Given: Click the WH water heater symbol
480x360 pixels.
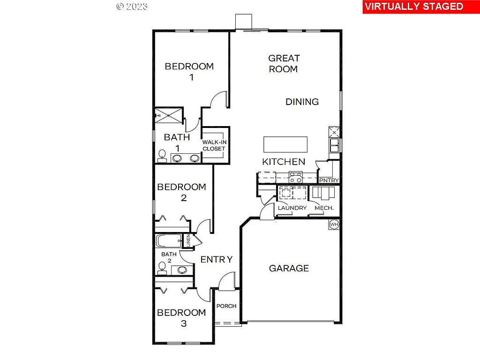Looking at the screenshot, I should point(334,224).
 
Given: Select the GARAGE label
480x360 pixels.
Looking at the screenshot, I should point(289,268).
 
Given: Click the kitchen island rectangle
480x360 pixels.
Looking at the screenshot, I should point(285,144).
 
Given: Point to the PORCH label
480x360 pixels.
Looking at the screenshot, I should point(226,306).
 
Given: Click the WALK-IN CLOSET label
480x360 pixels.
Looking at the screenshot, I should point(214,145).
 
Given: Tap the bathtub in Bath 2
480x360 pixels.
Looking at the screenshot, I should point(169,242).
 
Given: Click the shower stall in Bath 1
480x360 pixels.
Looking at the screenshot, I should point(169,114).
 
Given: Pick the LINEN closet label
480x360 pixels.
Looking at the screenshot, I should point(188,241).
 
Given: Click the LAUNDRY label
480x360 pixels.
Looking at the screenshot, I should point(292,208).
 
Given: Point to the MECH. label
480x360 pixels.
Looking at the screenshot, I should point(324,208).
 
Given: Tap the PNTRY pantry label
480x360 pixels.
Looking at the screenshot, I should point(328,180).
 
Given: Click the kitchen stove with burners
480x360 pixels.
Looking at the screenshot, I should point(296,177).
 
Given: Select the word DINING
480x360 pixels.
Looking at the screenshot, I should point(302,102).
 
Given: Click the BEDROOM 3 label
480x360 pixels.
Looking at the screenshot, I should point(181,317).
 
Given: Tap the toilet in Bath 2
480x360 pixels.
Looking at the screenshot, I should point(162,267).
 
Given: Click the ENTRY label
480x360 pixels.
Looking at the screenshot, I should point(217,259).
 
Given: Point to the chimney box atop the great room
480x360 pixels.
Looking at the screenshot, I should point(244,22).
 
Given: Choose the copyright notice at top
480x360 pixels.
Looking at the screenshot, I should point(132,6).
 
